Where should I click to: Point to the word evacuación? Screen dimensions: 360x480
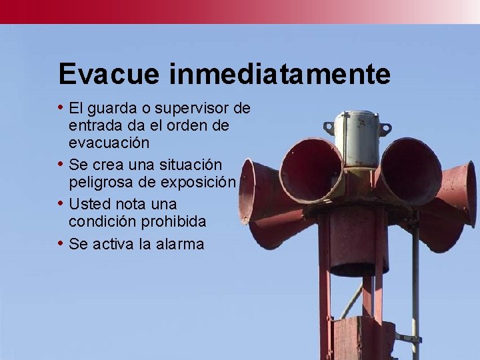point(109,143)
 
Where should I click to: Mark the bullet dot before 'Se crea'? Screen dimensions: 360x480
point(61,163)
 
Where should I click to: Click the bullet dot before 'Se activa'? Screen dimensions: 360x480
point(61,243)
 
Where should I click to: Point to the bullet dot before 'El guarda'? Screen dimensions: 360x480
point(61,107)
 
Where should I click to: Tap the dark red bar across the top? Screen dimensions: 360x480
point(200,11)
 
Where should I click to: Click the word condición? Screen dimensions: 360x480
point(101,221)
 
